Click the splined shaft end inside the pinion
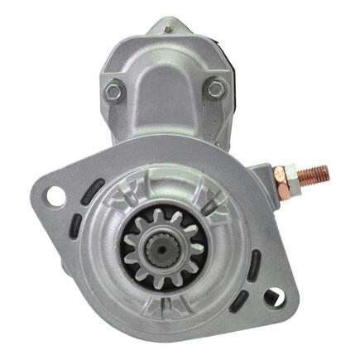pos(156,247)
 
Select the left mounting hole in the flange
pos(56,195)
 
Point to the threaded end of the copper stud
pos(316,174)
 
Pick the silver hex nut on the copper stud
pos(279,176)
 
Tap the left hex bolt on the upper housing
pos(113,91)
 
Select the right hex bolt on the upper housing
pos(216,88)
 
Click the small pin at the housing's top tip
pos(168,30)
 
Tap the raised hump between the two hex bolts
pos(166,91)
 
